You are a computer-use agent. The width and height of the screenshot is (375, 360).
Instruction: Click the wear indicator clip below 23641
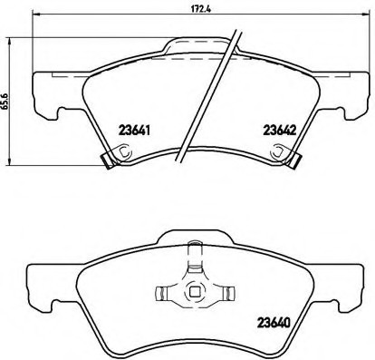[106, 161]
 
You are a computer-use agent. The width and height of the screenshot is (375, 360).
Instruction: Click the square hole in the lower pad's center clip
[192, 291]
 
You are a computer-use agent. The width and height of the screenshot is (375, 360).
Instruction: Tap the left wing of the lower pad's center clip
[165, 292]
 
